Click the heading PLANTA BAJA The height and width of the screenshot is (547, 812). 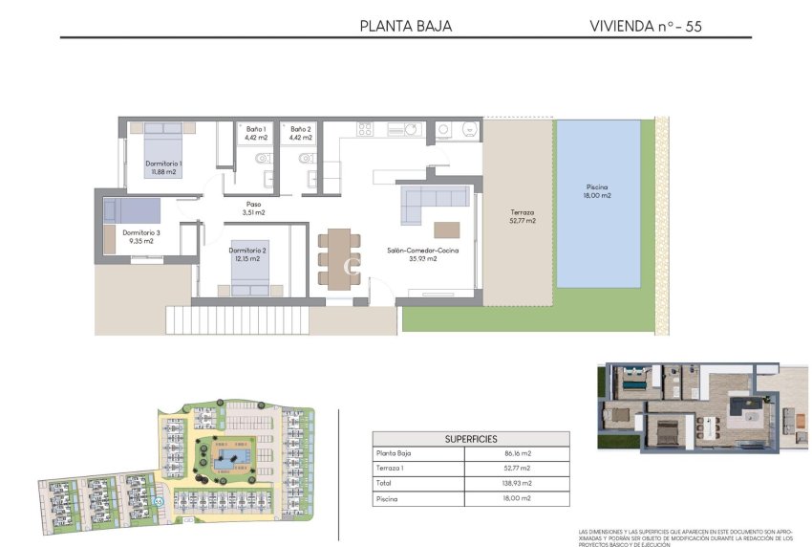pos(405,26)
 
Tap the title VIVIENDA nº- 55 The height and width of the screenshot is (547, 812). pos(646,26)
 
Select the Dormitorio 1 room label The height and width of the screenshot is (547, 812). pos(164,168)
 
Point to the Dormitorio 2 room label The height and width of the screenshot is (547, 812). pos(247,254)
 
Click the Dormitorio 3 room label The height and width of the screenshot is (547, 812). pos(141,236)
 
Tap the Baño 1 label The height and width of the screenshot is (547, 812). pos(256,133)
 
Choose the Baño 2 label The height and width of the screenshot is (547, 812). pos(301,133)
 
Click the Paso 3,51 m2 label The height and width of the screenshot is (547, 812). pos(253,208)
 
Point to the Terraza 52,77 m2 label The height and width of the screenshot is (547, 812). pos(522,216)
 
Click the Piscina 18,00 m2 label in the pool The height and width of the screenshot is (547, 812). pos(598,191)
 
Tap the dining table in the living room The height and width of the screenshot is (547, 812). pos(334,258)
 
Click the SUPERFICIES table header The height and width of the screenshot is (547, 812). pos(470,439)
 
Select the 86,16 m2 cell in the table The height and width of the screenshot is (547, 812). pos(516,454)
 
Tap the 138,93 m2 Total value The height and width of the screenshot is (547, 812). pos(516,484)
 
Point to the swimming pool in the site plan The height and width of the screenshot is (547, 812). pos(229,461)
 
